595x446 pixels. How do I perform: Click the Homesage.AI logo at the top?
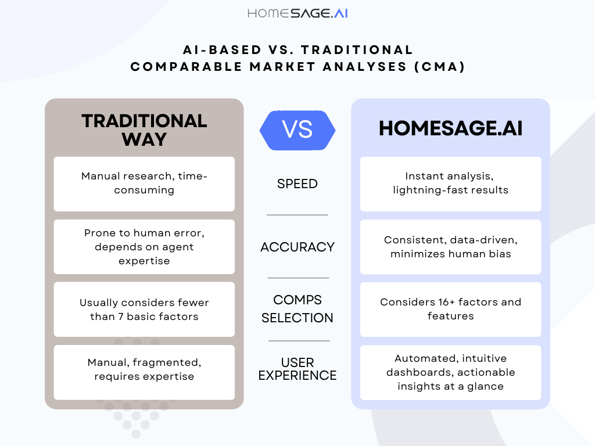(x=297, y=14)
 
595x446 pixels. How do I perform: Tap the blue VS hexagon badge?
(x=297, y=130)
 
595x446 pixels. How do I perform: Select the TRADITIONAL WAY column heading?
(x=144, y=130)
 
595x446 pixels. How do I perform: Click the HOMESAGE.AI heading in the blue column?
(x=450, y=128)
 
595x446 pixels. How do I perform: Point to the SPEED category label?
(x=297, y=184)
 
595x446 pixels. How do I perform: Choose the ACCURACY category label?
(x=297, y=247)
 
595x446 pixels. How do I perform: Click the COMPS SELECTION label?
(x=297, y=309)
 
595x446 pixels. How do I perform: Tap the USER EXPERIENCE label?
(x=297, y=369)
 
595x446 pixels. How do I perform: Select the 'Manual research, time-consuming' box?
(x=144, y=184)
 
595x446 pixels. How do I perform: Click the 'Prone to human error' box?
(x=144, y=247)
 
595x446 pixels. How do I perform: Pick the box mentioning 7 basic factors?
(x=144, y=310)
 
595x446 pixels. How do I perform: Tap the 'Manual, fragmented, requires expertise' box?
(x=144, y=372)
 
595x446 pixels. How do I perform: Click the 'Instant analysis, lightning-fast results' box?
(x=450, y=184)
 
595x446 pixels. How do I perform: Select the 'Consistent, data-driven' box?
(x=450, y=247)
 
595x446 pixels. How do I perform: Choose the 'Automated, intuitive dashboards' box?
(x=450, y=372)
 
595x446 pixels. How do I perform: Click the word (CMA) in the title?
(x=440, y=67)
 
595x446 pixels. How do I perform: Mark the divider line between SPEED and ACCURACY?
(x=297, y=215)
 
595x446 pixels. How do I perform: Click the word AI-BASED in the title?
(x=223, y=50)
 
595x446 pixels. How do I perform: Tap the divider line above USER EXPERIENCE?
(x=299, y=341)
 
